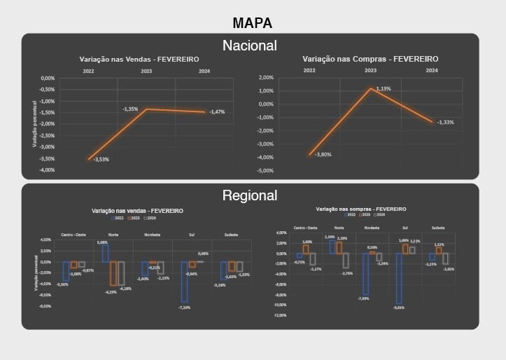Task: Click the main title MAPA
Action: click(252, 23)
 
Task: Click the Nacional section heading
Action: click(250, 46)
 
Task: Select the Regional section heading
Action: click(250, 195)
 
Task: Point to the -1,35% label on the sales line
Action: click(131, 109)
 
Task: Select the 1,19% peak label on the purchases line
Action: click(383, 89)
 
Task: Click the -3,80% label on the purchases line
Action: click(323, 154)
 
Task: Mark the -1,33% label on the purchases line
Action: click(446, 123)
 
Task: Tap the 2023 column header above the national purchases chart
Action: click(370, 71)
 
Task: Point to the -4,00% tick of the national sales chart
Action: click(47, 170)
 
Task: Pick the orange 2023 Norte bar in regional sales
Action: click(113, 274)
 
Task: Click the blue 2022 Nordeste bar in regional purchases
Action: click(365, 274)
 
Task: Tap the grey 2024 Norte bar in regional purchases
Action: click(346, 261)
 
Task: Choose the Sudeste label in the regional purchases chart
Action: click(440, 228)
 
